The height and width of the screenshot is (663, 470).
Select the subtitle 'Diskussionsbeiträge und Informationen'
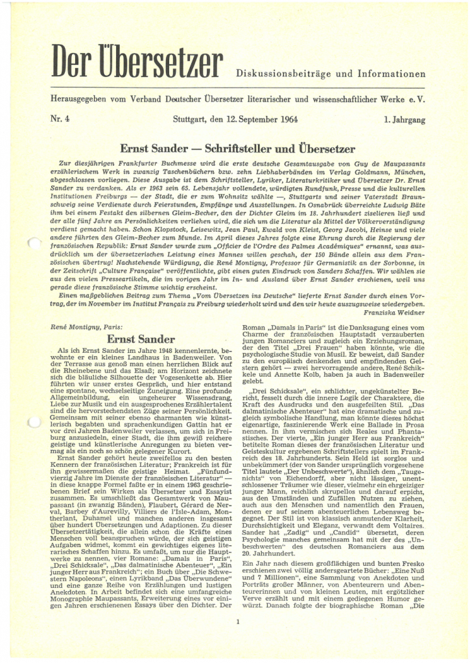pyautogui.click(x=331, y=73)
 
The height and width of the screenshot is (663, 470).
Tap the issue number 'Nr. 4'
pyautogui.click(x=52, y=120)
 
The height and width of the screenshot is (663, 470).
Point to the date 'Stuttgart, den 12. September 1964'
pyautogui.click(x=235, y=120)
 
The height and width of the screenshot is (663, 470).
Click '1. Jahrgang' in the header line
pyautogui.click(x=405, y=120)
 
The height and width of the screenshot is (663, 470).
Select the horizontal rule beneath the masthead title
pyautogui.click(x=235, y=88)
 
